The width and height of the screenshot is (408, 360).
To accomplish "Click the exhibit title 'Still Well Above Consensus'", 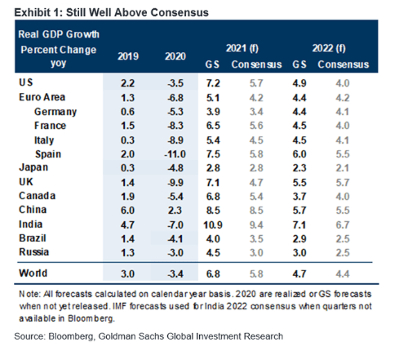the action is (x=137, y=12).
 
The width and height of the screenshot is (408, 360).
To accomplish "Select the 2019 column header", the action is (x=128, y=56).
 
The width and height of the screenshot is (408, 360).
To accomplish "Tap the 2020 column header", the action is (x=175, y=56).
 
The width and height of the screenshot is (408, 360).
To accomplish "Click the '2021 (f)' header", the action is (x=242, y=48).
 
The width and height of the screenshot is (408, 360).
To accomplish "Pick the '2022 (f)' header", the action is (x=329, y=48).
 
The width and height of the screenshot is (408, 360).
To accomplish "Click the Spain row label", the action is (x=48, y=154).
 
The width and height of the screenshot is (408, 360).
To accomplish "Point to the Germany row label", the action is (x=55, y=112).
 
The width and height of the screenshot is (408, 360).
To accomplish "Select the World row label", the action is (x=33, y=273).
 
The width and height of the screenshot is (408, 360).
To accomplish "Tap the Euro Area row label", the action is (x=42, y=97).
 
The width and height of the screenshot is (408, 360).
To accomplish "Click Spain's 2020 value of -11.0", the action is (x=175, y=154).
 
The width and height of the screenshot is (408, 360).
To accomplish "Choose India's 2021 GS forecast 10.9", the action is (x=213, y=225).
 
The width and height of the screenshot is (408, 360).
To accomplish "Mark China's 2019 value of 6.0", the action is (x=127, y=211).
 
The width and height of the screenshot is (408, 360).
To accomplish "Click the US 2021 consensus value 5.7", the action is (x=256, y=83).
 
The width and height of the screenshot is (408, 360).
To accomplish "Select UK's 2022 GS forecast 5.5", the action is (x=299, y=183).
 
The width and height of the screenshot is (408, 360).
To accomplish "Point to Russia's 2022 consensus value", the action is (x=343, y=253).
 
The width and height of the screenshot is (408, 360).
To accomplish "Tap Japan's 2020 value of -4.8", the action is (x=175, y=168).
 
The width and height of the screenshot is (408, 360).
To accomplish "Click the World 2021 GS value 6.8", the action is (x=213, y=273).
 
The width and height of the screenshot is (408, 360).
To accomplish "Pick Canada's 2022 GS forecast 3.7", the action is (x=299, y=197).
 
